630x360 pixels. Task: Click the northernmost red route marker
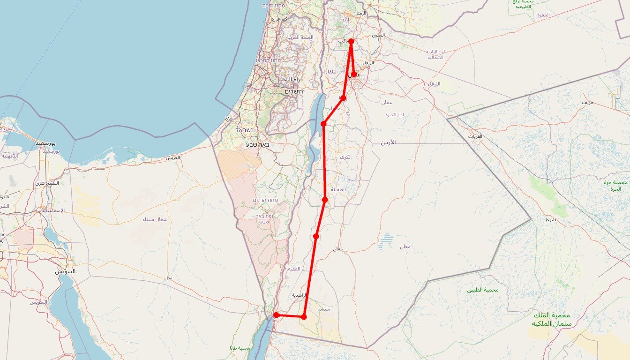351,41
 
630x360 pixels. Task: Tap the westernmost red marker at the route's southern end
276,315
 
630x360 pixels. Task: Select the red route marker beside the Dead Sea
323,123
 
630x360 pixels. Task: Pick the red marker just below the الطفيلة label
325,200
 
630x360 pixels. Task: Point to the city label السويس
65,271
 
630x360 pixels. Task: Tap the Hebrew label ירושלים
294,91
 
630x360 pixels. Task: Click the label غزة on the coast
229,119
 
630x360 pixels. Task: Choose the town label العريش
172,158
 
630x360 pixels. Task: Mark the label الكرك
345,157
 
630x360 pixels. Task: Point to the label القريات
474,136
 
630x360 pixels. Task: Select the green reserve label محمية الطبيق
483,290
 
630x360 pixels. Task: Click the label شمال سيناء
154,219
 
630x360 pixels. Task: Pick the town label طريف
587,102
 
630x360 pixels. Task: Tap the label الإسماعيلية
53,210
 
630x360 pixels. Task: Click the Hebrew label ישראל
244,130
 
